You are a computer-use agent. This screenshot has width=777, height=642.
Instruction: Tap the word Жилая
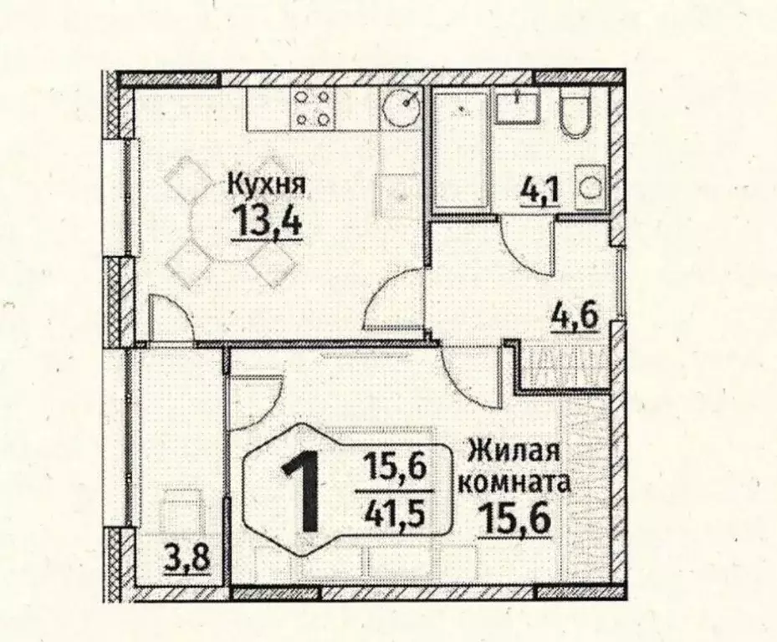click(512, 453)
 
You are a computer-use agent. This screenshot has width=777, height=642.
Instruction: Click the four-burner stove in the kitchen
click(313, 108)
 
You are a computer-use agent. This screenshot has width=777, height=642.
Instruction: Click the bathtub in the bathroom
click(461, 150)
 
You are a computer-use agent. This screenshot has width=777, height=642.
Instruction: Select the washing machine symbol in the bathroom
click(591, 189)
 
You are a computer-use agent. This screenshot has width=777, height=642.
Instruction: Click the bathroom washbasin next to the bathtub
click(516, 106)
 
